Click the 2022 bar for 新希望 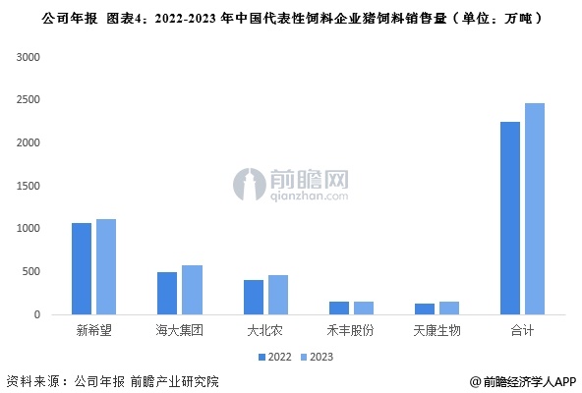[x=82, y=268]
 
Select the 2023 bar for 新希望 [x=106, y=267]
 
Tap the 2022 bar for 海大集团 [x=167, y=293]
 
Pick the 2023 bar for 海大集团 [x=193, y=290]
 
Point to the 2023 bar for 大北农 [x=278, y=295]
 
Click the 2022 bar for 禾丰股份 [x=339, y=309]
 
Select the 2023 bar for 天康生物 [x=449, y=309]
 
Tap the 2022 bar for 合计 [x=510, y=218]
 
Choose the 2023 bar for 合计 [x=535, y=209]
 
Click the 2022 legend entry [x=274, y=357]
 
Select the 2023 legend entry [x=317, y=357]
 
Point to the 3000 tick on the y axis [x=28, y=57]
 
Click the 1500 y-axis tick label [x=28, y=186]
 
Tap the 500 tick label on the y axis [x=30, y=271]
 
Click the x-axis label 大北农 [x=265, y=330]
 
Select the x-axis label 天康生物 [x=436, y=330]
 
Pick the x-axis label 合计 [x=522, y=330]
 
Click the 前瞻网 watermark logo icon [x=250, y=185]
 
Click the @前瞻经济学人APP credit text [x=523, y=381]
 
